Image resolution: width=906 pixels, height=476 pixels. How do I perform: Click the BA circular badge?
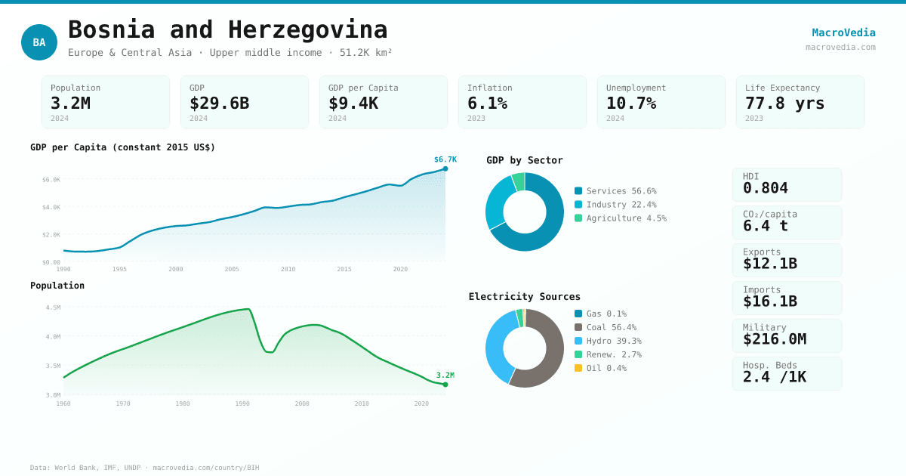click(x=39, y=42)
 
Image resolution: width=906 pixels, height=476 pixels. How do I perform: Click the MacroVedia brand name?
click(x=843, y=32)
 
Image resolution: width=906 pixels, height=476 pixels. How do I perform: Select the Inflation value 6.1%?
click(x=487, y=103)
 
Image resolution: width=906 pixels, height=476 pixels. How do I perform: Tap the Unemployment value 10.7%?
click(x=630, y=103)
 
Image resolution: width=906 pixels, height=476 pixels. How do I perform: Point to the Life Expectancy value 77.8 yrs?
click(x=784, y=103)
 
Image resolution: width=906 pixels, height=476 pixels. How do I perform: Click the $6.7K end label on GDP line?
click(x=445, y=159)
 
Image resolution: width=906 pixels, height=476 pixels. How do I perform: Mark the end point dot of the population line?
click(x=445, y=385)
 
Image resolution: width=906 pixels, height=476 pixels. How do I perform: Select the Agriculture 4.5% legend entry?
click(x=620, y=218)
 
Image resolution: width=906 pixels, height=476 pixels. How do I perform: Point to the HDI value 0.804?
click(x=765, y=188)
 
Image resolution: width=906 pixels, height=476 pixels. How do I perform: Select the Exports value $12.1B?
click(x=769, y=264)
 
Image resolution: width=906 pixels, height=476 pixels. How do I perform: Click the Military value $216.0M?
click(x=774, y=339)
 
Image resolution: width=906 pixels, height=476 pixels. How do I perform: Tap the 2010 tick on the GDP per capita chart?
click(x=288, y=269)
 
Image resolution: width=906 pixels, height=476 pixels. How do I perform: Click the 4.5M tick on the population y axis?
click(x=53, y=308)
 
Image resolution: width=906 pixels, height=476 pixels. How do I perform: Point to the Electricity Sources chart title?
click(x=524, y=296)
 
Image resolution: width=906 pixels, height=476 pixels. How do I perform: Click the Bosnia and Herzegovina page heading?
click(x=227, y=29)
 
